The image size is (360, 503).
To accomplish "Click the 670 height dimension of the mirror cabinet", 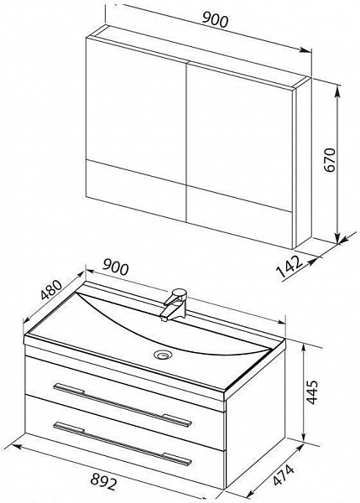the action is (330, 160).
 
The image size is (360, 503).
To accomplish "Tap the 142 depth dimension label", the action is (290, 266).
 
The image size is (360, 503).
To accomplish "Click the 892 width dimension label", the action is (102, 481).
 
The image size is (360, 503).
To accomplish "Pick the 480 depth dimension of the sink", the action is (51, 290).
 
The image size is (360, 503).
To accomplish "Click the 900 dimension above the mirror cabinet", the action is (215, 20).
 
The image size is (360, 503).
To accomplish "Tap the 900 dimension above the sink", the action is (115, 268).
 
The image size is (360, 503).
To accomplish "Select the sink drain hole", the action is (164, 355).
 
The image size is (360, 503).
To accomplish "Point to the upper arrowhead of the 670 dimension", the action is (337, 91).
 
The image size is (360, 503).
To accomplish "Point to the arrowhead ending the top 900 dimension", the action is (306, 49).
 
